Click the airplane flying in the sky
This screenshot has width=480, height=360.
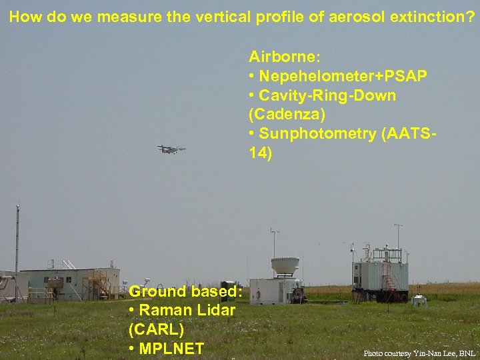click(x=171, y=149)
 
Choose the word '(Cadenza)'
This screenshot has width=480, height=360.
click(x=287, y=115)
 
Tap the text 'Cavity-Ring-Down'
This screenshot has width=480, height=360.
click(x=327, y=95)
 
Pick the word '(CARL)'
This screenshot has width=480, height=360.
click(x=155, y=329)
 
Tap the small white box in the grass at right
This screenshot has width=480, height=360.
click(x=419, y=301)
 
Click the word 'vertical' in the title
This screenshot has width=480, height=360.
click(x=221, y=17)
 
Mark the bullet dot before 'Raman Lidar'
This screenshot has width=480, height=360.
click(x=132, y=311)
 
